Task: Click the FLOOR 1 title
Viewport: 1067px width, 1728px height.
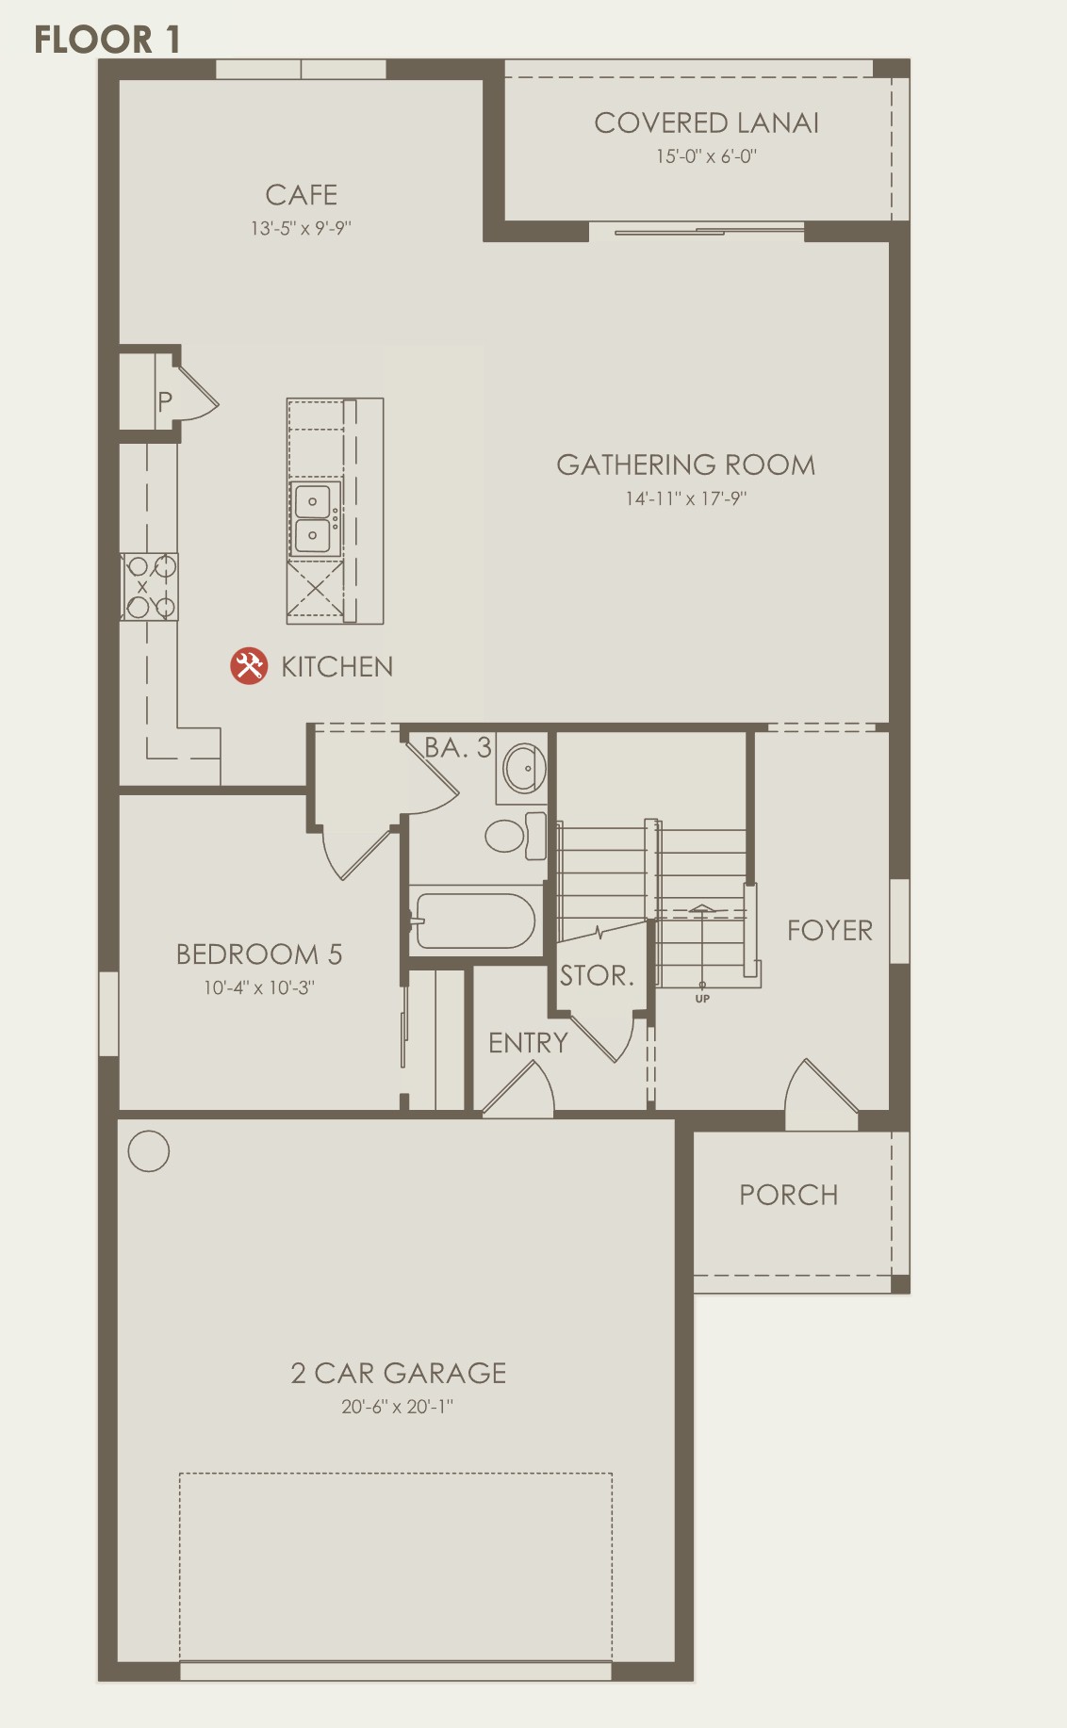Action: (107, 40)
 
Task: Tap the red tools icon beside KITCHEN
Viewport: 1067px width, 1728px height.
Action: (249, 666)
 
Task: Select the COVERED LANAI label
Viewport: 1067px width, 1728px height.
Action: (706, 122)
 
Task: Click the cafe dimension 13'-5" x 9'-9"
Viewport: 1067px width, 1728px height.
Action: (301, 228)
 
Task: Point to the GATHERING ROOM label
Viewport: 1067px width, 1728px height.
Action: (685, 465)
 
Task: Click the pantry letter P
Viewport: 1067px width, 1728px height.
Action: (165, 402)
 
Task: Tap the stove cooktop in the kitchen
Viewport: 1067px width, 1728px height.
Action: (149, 587)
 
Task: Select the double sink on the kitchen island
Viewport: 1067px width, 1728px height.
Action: (314, 518)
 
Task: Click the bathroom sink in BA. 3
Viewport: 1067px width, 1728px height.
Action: (524, 768)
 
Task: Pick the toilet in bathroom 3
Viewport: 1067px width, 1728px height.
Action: (516, 836)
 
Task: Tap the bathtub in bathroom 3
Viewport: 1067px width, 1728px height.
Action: (475, 921)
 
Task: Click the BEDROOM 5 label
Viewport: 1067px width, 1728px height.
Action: (259, 954)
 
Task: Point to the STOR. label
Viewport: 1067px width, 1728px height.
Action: (596, 975)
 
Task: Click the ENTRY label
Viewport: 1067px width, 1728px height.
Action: (528, 1043)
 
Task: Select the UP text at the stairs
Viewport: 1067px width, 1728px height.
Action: (702, 999)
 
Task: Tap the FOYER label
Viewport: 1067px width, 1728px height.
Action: (829, 930)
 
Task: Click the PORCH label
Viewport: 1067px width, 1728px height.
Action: (788, 1195)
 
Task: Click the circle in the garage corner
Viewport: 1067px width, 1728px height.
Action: (148, 1150)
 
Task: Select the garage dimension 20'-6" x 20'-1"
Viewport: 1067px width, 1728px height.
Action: (397, 1407)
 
